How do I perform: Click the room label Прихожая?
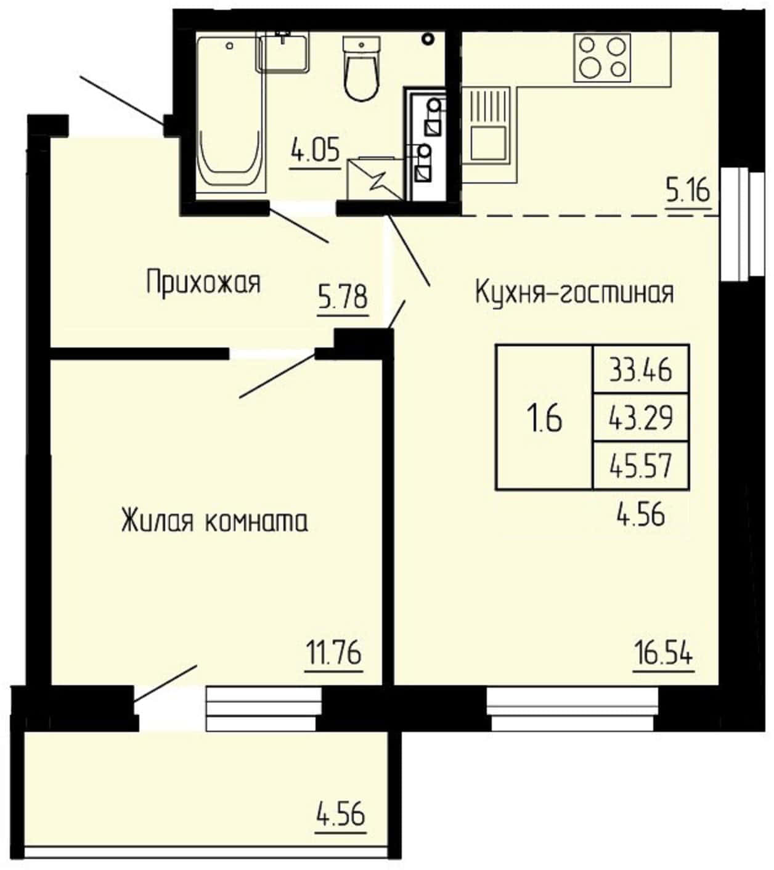coord(203,283)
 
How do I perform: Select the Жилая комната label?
coord(215,521)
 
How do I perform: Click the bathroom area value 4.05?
coord(316,150)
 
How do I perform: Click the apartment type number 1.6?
coord(544,419)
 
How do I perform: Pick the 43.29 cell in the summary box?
coord(641,418)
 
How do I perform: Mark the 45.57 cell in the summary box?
coord(641,466)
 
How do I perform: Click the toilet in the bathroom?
coord(362,69)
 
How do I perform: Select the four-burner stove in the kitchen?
coord(602,57)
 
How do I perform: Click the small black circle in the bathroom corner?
coord(428,39)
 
